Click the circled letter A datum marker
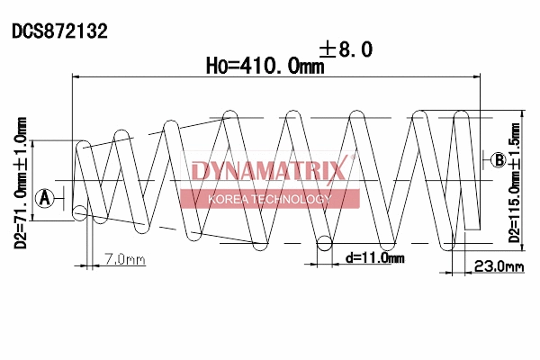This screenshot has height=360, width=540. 43,197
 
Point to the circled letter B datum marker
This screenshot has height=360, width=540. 498,160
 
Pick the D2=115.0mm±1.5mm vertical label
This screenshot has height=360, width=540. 515,179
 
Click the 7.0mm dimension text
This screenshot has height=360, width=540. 124,260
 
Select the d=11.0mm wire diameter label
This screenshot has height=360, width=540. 374,258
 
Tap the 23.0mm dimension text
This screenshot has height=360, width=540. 499,266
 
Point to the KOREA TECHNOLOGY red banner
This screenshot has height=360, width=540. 270,199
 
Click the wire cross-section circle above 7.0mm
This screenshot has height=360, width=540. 81,213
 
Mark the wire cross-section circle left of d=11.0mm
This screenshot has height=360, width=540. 325,242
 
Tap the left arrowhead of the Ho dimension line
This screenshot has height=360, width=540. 75,79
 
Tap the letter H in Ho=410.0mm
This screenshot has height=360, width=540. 213,66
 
